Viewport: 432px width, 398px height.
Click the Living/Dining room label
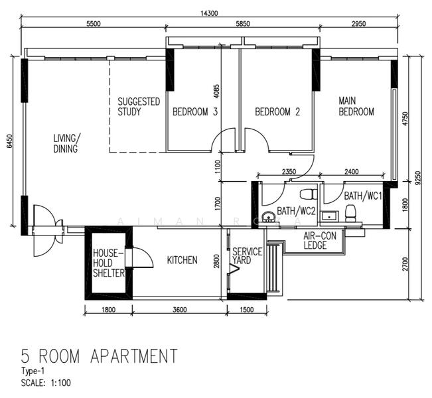click(67, 143)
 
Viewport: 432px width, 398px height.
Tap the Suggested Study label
click(138, 107)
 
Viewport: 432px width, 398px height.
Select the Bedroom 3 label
click(195, 112)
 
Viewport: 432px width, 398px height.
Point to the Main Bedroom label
click(356, 106)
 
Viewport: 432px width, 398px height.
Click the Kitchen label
click(181, 260)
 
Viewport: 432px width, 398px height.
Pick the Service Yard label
click(247, 257)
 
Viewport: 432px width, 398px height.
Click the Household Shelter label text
click(108, 263)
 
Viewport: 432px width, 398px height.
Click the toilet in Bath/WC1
click(350, 212)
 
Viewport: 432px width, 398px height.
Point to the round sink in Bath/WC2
click(267, 217)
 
